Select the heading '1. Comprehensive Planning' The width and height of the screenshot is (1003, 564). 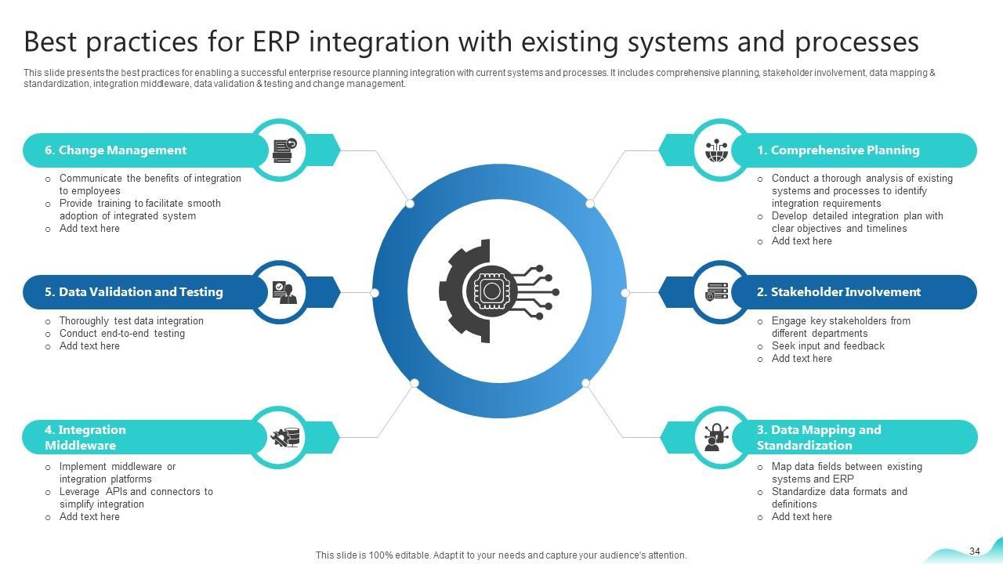[838, 150]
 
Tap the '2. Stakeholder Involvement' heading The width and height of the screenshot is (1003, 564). [838, 292]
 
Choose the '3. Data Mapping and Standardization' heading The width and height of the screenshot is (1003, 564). [818, 437]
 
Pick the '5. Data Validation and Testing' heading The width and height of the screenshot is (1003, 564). [133, 292]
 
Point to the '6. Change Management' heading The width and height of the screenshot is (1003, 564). [115, 150]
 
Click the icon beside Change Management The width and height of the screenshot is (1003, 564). [284, 150]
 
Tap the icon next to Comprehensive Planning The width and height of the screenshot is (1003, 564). [716, 150]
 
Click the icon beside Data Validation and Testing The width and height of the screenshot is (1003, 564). [284, 292]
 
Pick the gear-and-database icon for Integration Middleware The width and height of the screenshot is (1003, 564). [284, 437]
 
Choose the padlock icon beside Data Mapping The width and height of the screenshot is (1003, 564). [715, 437]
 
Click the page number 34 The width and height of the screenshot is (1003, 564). [975, 551]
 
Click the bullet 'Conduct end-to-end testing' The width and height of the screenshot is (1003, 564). [122, 334]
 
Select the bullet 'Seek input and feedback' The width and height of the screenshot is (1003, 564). [827, 346]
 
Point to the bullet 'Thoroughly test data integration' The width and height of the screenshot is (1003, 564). [131, 321]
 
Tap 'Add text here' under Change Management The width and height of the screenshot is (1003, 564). [89, 229]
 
